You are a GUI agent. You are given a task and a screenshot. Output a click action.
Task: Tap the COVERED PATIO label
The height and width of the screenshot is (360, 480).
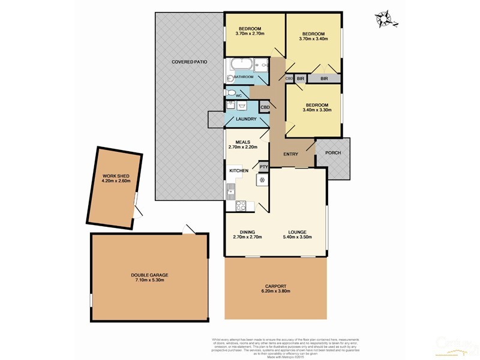pyautogui.click(x=190, y=62)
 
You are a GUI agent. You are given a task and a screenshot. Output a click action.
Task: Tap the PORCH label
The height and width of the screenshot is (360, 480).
pyautogui.click(x=333, y=153)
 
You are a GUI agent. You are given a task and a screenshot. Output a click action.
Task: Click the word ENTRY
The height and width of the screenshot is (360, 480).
pyautogui.click(x=291, y=155)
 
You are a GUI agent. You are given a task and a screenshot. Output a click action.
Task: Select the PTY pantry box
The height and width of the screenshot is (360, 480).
pyautogui.click(x=263, y=166)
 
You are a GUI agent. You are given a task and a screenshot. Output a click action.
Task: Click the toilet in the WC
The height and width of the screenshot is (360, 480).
pyautogui.click(x=231, y=94)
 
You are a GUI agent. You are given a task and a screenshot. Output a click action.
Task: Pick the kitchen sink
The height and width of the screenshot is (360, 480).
pyautogui.click(x=230, y=191)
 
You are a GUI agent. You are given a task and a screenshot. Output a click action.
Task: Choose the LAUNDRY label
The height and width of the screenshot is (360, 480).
pyautogui.click(x=246, y=119)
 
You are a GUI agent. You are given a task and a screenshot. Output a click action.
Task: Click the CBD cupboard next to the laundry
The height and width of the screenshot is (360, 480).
pyautogui.click(x=265, y=107)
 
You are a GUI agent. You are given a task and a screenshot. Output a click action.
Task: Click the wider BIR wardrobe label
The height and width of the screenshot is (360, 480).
pyautogui.click(x=324, y=79)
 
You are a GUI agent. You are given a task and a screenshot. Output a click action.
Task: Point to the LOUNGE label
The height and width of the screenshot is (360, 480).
pyautogui.click(x=298, y=232)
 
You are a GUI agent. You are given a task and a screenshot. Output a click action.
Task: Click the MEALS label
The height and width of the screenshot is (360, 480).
pyautogui.click(x=242, y=142)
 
